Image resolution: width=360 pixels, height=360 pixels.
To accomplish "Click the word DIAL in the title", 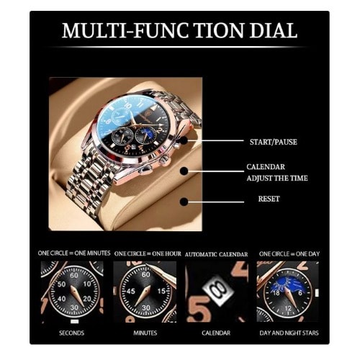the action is tap(274, 30).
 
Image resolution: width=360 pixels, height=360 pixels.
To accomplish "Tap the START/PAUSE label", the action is tap(274, 142).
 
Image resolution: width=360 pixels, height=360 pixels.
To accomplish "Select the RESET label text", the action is tap(269, 199).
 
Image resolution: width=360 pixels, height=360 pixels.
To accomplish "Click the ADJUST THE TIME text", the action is tap(277, 178).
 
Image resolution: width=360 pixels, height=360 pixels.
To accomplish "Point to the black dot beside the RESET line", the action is tap(184, 202).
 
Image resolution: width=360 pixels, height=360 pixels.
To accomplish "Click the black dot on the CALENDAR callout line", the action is tap(184, 171).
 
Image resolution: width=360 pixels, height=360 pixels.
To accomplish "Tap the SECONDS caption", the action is tap(72, 333).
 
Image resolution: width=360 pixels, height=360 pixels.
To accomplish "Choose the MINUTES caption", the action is tap(145, 333).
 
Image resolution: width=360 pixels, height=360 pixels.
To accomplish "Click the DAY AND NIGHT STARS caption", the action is tap(289, 333).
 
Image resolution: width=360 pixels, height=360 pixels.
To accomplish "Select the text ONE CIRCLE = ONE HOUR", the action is tap(148, 253).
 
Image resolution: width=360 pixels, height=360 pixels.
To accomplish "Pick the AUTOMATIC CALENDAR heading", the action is tap(216, 254).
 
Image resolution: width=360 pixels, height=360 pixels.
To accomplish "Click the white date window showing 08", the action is tap(218, 290).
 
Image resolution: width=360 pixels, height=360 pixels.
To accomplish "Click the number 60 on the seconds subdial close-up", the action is tap(74, 275).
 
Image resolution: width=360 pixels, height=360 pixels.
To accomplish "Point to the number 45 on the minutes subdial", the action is tap(131, 292).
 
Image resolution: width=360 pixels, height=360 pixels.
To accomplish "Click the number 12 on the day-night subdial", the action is tap(288, 308).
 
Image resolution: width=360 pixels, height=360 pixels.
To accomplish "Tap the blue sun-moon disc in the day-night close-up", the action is tap(288, 285).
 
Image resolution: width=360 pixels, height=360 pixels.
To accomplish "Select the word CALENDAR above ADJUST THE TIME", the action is tap(266, 167).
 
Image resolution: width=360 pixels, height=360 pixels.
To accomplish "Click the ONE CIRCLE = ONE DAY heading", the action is tap(289, 253).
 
